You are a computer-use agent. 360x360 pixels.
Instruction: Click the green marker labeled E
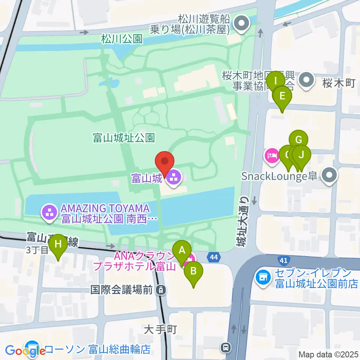(x=282, y=96)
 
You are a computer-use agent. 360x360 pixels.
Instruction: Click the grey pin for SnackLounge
(x=330, y=176)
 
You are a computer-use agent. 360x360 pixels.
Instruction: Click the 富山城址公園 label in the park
(x=124, y=138)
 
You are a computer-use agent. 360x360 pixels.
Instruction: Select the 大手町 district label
(x=160, y=329)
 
